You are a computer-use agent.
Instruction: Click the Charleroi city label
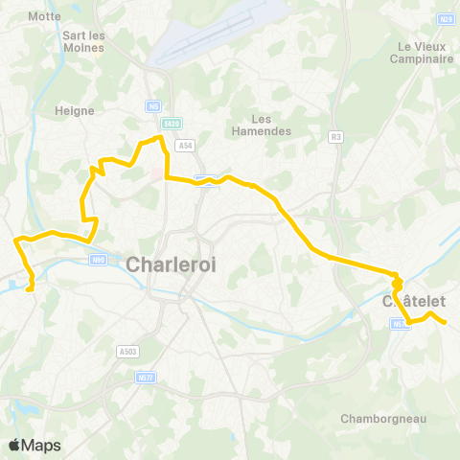point(173,264)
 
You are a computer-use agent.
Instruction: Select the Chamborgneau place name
point(382,418)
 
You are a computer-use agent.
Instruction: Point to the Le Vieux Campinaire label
point(423,53)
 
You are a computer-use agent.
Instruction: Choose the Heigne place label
point(77,111)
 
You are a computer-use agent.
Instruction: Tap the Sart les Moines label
point(83,42)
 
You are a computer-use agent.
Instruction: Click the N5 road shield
point(153,106)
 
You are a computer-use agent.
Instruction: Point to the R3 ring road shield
point(335,136)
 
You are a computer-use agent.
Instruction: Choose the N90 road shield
point(98,258)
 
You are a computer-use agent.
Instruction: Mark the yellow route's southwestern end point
point(32,287)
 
